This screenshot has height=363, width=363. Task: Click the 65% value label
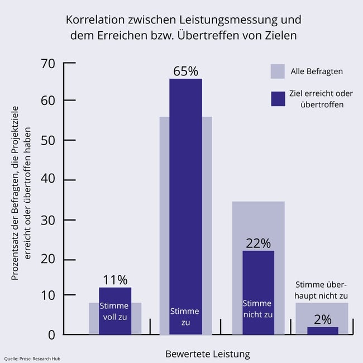coord(185,71)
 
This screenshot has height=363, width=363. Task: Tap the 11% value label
coord(114,280)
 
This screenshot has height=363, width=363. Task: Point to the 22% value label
coord(258,243)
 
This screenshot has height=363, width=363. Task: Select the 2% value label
coord(322,319)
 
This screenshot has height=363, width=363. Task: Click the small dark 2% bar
coord(322,331)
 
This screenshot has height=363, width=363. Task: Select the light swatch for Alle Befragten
coord(278,71)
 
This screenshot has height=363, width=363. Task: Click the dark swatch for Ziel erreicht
coord(278,98)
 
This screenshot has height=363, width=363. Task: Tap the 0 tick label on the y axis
coord(51,335)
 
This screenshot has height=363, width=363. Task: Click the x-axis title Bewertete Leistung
coord(207,354)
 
